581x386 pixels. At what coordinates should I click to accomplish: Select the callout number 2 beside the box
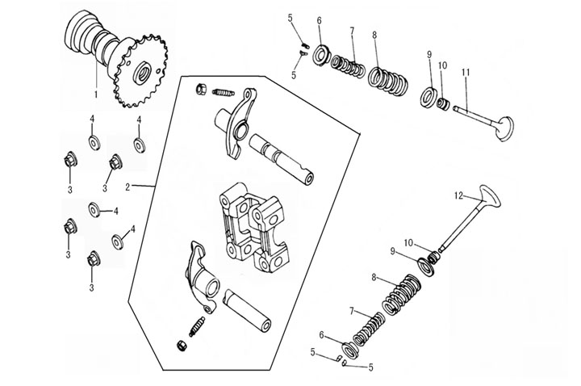127,187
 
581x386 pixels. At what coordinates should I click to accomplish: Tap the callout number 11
466,73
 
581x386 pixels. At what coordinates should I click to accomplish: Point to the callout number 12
457,196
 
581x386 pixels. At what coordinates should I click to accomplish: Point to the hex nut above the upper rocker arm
200,89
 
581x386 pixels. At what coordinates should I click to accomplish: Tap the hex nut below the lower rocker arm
182,346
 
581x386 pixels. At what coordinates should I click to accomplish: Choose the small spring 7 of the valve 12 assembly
368,327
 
